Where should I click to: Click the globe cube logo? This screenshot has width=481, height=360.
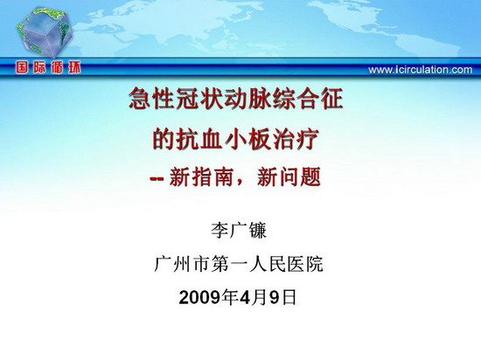tap(45, 33)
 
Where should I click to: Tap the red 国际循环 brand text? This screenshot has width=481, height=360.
tap(48, 67)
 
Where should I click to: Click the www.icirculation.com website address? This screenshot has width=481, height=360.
tap(421, 70)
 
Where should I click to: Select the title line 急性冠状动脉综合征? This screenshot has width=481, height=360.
tap(235, 99)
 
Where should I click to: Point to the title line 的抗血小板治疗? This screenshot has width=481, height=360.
tap(235, 140)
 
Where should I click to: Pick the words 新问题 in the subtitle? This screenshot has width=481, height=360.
tap(289, 177)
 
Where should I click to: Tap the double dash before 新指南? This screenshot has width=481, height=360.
tap(157, 178)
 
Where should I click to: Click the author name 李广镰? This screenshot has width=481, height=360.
tap(239, 231)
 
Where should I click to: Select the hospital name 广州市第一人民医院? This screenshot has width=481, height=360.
tap(239, 264)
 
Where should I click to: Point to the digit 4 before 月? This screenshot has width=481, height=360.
tap(246, 297)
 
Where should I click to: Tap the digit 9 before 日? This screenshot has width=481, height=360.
tap(275, 297)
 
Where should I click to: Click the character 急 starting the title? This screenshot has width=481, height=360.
tap(140, 99)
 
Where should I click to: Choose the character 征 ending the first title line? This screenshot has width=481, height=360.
tap(332, 99)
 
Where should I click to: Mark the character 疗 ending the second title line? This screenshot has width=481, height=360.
tap(308, 140)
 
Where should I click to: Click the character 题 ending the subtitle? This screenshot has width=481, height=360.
tap(310, 177)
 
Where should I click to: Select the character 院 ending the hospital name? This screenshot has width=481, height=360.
tap(315, 264)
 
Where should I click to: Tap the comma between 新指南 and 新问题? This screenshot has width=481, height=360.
tap(240, 183)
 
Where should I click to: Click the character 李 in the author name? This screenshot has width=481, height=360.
tap(220, 231)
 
